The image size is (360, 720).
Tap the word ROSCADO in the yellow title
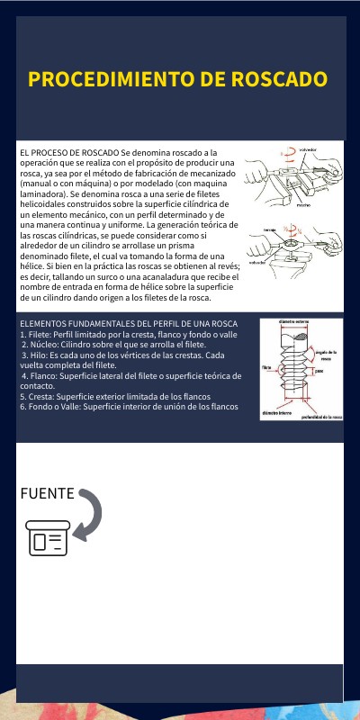click(279, 79)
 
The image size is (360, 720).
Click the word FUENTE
click(48, 494)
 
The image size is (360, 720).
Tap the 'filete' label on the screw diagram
click(267, 368)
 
